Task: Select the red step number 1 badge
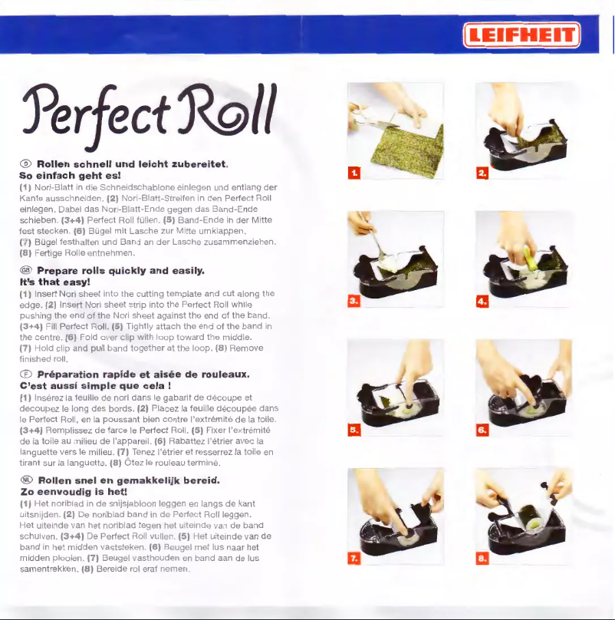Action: pyautogui.click(x=354, y=173)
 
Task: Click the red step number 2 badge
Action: pyautogui.click(x=482, y=173)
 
